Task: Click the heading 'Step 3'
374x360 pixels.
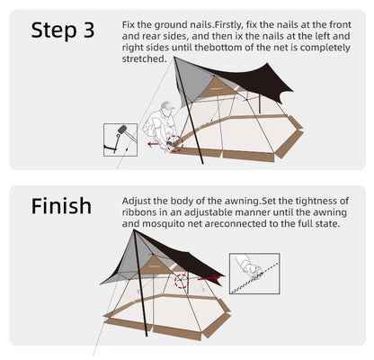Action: [x=62, y=30]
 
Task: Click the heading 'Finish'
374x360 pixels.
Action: [x=61, y=206]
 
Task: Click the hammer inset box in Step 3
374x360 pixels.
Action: [x=120, y=139]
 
